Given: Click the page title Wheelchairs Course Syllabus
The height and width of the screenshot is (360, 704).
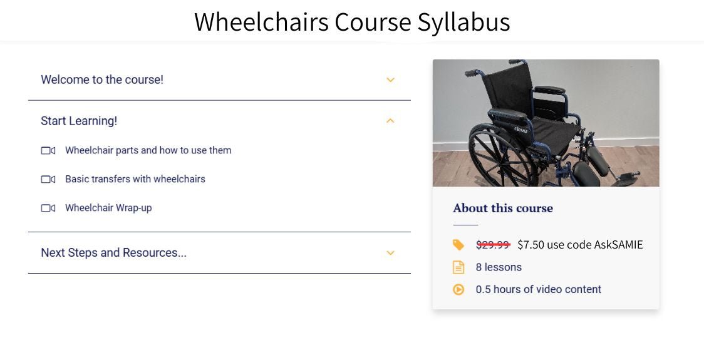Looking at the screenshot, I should coord(352,22).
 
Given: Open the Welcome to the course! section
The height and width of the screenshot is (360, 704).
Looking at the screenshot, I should coord(102,80).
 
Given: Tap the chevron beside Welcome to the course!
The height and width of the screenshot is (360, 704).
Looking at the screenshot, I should coord(390,80).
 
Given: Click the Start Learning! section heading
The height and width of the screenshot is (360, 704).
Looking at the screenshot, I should coord(79,121).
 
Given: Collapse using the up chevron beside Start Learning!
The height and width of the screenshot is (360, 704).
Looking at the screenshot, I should coord(390,121).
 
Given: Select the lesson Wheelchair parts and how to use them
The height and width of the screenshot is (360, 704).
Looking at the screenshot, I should coord(148,150).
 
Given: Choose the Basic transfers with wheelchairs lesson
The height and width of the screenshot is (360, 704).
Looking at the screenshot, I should coord(135,179).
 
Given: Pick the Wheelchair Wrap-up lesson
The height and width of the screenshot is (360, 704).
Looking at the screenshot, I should coord(108,208).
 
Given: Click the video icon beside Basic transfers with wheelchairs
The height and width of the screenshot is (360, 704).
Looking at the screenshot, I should coord(48,179).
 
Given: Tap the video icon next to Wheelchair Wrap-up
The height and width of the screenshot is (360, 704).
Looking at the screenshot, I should coord(48,208).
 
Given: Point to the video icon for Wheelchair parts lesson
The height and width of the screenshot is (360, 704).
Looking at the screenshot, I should coord(48,150).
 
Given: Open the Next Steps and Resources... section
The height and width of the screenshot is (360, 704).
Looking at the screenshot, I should coord(113,253).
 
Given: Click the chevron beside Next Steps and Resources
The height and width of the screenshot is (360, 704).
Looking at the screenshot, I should coord(390,253).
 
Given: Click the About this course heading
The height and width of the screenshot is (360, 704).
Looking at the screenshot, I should coord(503,208).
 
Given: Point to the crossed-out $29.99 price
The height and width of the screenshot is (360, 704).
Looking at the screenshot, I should coord(493,244).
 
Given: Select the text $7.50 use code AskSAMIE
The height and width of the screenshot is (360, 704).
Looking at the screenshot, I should coord(580,244).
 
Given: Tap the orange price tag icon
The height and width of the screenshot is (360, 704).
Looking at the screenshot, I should coord(458,245).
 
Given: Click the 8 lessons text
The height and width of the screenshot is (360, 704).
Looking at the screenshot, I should coord(499,267).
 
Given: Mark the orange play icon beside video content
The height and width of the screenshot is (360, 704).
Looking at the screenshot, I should coord(458,289).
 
